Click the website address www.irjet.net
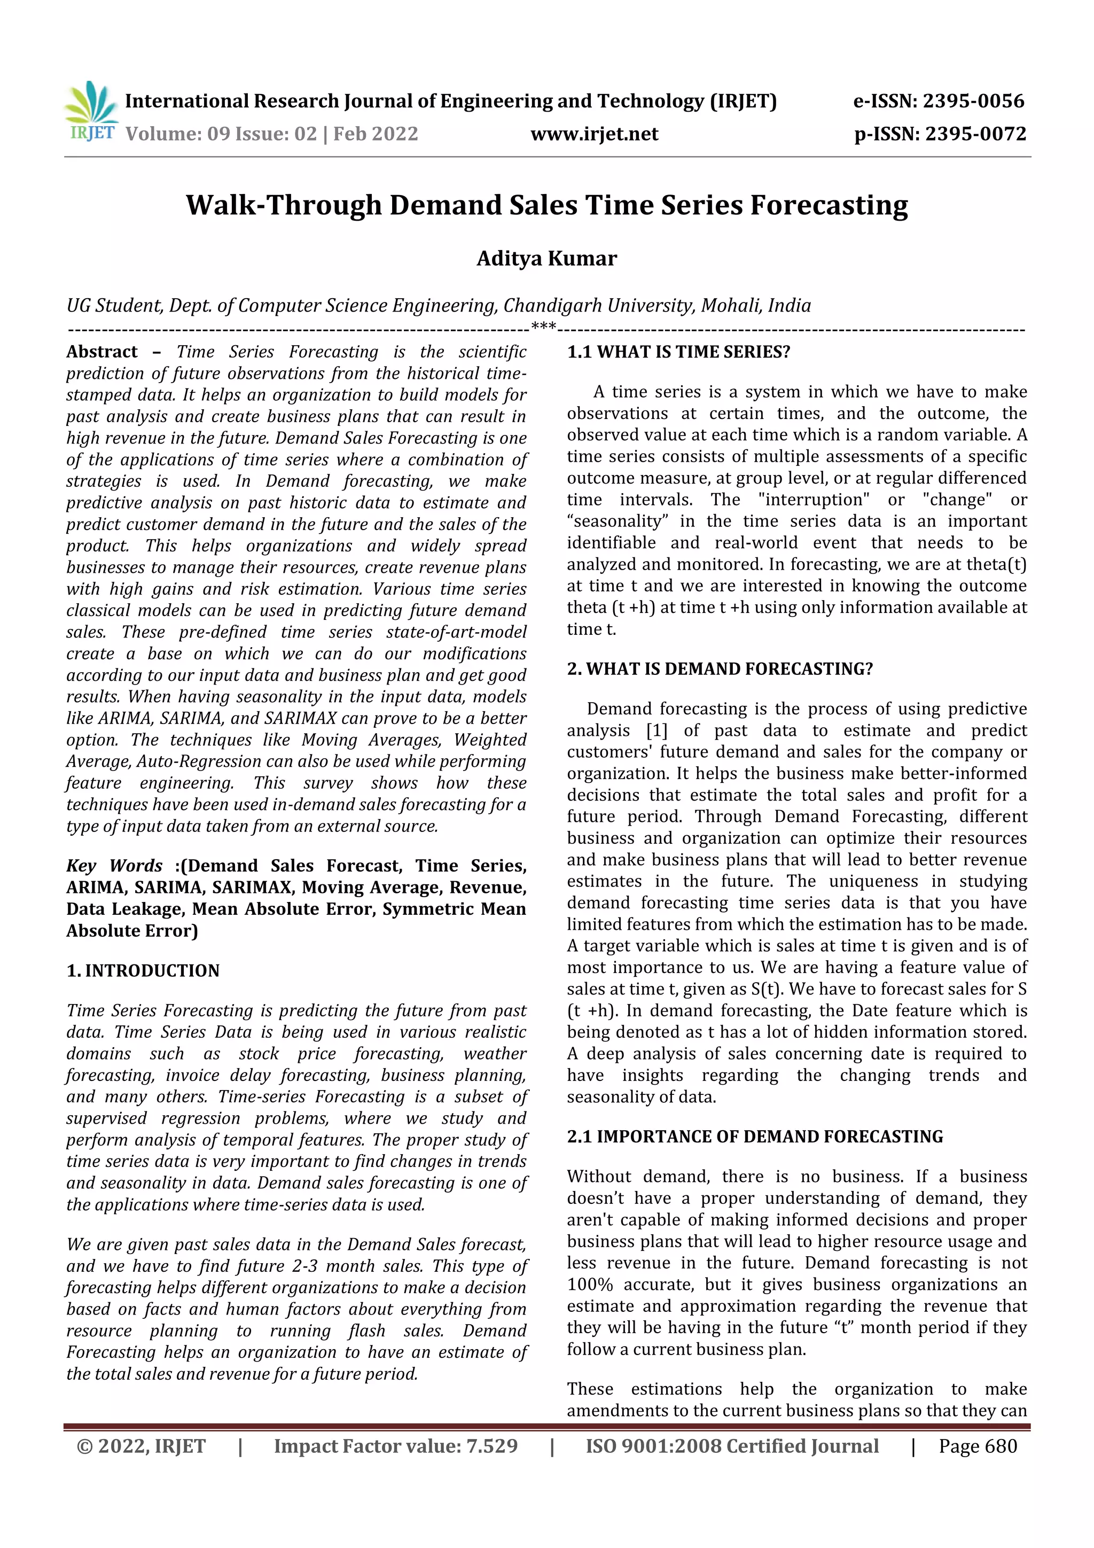click(x=594, y=134)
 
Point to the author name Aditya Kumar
click(x=546, y=259)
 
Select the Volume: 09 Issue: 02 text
click(x=221, y=134)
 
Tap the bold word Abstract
click(x=102, y=352)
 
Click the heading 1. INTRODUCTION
click(x=143, y=971)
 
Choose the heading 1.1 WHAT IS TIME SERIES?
click(x=678, y=352)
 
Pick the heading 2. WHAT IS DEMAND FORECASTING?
click(x=719, y=669)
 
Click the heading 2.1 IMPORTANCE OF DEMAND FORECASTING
click(x=754, y=1137)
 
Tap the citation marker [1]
click(x=656, y=731)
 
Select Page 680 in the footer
click(x=978, y=1446)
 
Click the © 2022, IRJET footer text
click(x=142, y=1446)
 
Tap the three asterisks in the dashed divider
click(x=543, y=328)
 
